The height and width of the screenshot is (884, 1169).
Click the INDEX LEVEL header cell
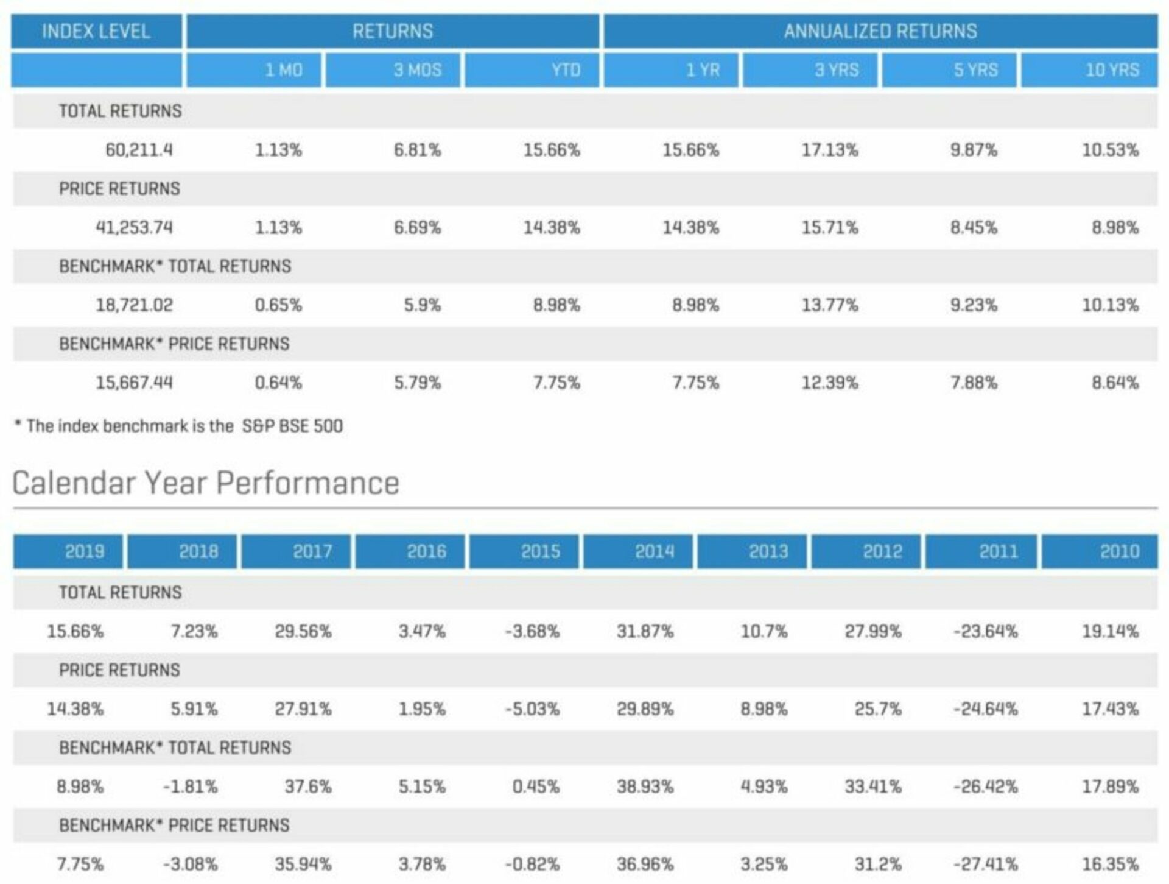pos(96,31)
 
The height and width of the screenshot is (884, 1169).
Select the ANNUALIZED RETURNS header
pos(880,31)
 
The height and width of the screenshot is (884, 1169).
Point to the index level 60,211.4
pos(139,150)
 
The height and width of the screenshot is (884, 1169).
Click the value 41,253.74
pos(134,228)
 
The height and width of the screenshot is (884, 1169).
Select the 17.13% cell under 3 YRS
pos(829,150)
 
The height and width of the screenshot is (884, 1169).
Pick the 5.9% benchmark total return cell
pos(422,305)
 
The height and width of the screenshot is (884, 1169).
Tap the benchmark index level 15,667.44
pos(134,383)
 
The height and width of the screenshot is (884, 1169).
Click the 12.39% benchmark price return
pos(829,383)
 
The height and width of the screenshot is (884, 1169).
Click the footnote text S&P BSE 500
pos(292,426)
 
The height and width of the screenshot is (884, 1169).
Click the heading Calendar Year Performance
pos(206,483)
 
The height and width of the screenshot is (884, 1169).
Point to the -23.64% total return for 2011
pos(985,632)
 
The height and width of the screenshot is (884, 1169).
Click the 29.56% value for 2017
pos(303,632)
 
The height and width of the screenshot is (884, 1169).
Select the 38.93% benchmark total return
pos(645,787)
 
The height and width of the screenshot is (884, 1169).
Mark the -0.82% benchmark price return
pos(532,865)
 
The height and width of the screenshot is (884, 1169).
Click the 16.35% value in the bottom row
pos(1109,865)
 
